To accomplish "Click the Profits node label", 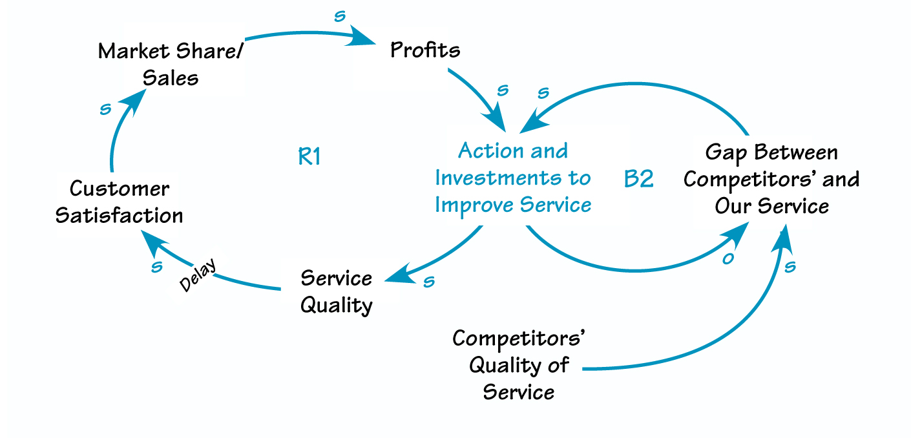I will (425, 50).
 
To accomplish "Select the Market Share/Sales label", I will (171, 65).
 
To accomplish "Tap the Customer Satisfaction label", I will (120, 202).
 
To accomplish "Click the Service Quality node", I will (337, 291).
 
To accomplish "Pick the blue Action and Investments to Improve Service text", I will (513, 178).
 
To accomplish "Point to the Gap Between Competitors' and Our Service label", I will (771, 180).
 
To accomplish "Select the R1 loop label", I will (309, 157).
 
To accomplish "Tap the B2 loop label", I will (638, 179).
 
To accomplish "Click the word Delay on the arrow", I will (198, 276).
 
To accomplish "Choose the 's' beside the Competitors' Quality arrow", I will (790, 266).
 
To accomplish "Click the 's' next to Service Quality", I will (428, 282).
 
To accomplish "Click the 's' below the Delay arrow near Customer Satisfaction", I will (156, 267).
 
